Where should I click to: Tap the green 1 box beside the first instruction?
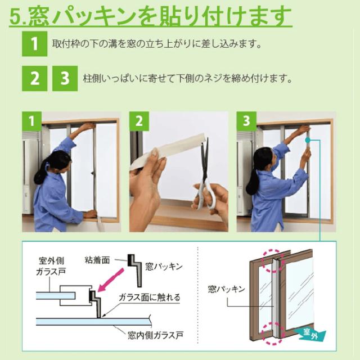pos(34,44)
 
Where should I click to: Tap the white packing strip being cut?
pos(169,150)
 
